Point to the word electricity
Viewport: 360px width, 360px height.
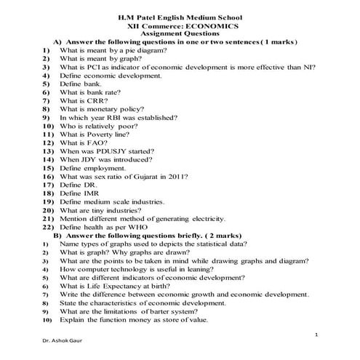point(209,218)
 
